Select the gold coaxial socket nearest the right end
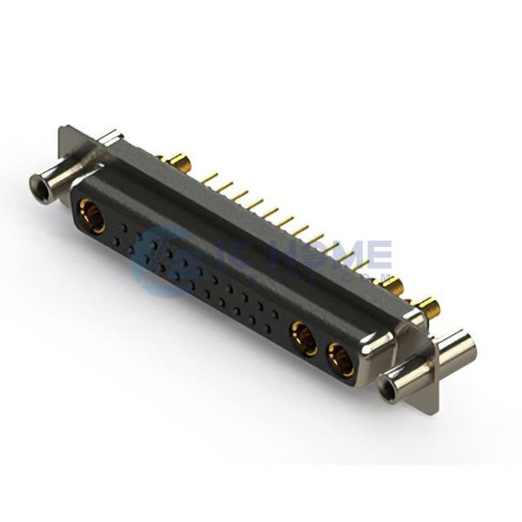[340, 359]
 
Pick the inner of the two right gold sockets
[304, 338]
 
